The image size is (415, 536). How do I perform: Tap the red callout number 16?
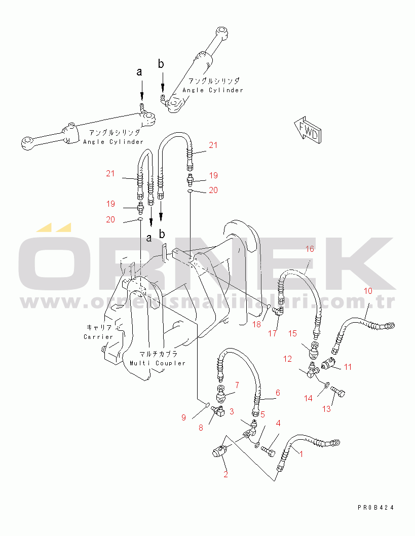click(310, 249)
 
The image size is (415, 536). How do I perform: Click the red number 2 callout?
click(225, 474)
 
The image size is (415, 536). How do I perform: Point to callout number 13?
click(327, 409)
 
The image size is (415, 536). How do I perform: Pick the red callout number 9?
click(184, 417)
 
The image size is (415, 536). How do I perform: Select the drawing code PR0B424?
click(375, 507)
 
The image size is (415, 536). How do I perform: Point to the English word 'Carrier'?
click(98, 336)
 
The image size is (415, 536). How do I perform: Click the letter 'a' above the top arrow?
click(140, 72)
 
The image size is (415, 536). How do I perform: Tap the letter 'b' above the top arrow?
click(161, 64)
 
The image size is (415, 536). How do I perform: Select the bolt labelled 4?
click(269, 448)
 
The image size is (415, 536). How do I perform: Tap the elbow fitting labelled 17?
click(277, 313)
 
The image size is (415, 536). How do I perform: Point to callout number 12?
click(288, 359)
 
